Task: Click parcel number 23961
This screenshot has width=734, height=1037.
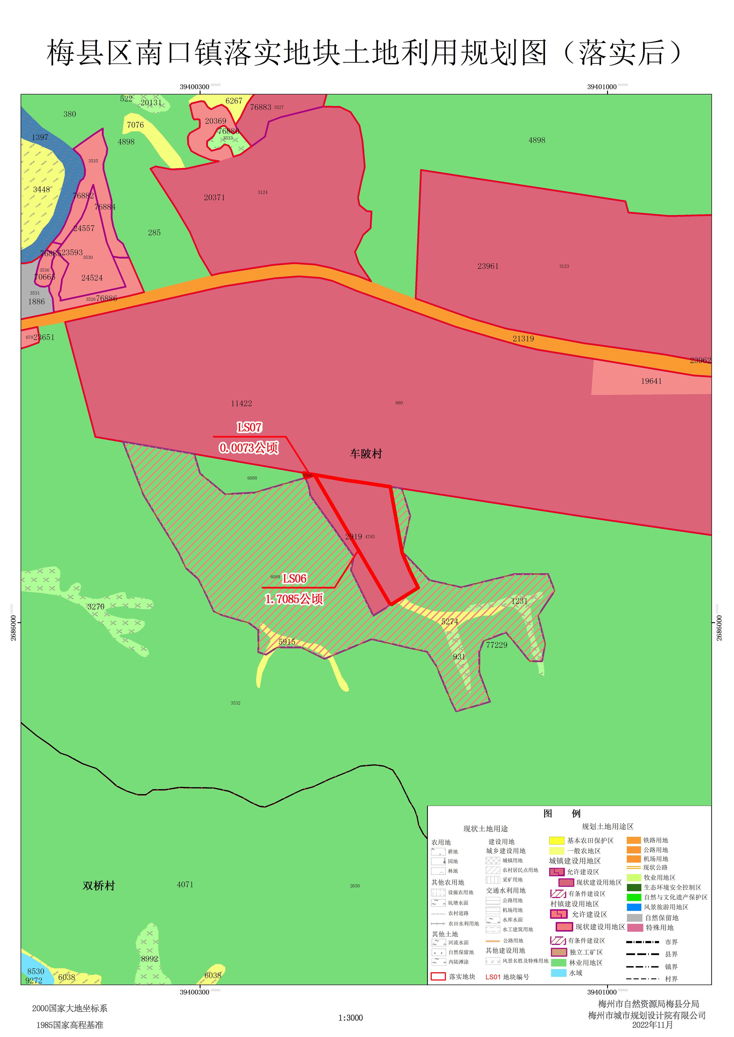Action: tap(488, 266)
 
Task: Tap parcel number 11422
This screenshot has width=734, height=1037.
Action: tap(241, 404)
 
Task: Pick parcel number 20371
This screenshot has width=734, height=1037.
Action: tap(214, 197)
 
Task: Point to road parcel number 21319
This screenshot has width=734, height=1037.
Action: tap(523, 338)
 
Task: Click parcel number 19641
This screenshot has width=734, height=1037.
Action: tap(651, 381)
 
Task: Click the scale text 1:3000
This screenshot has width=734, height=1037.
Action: tap(350, 1018)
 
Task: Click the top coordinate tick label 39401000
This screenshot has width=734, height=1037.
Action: tap(602, 87)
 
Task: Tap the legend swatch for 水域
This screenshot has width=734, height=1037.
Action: tap(559, 973)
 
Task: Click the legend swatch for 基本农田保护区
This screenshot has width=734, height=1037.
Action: tap(556, 840)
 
